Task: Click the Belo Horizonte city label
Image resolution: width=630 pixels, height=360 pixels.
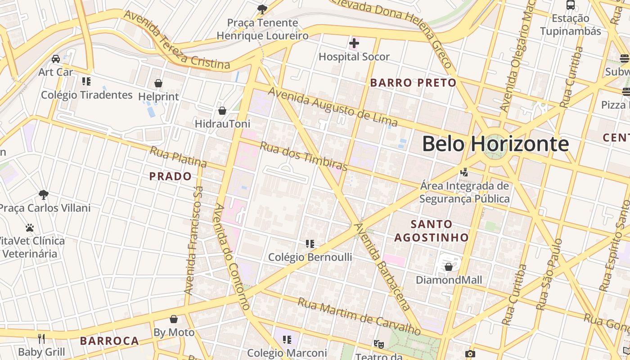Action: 495,144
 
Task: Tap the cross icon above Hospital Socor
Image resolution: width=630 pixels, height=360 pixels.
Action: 354,44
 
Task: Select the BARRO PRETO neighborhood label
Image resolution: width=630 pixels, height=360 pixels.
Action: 413,83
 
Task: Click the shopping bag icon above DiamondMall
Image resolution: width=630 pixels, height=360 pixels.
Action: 448,267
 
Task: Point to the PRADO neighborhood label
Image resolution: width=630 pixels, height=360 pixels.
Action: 171,176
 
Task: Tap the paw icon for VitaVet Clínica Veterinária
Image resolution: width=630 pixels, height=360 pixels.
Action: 30,228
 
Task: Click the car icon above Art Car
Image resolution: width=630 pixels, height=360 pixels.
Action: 56,59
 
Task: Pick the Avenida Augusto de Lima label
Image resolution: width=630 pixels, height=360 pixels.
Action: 333,107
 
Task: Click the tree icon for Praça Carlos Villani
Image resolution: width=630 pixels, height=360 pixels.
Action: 44,195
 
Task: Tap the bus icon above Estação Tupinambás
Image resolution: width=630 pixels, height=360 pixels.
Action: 571,5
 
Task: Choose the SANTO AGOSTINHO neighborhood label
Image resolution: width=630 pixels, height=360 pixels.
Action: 432,230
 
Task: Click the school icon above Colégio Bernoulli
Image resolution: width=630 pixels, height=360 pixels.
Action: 310,244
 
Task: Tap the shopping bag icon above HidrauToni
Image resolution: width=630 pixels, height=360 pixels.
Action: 222,111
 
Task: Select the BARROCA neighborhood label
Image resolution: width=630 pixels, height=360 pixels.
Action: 109,341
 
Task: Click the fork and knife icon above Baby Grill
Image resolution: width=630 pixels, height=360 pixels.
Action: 41,338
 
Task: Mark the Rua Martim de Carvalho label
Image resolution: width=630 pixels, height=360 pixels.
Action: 359,317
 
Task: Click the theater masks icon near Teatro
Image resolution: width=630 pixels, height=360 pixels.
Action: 379,344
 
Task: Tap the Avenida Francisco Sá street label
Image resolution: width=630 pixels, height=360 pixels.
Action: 194,241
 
